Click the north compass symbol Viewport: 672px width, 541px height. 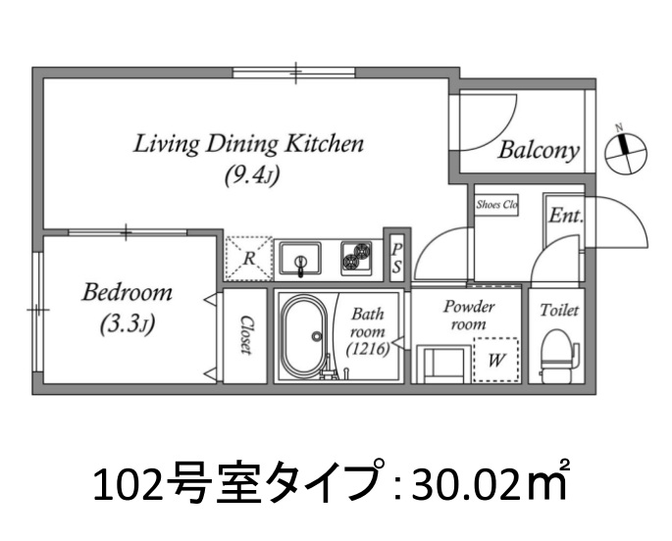click(x=626, y=152)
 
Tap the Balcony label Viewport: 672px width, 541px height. click(x=539, y=151)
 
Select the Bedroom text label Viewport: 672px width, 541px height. click(x=127, y=293)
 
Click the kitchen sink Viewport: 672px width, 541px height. click(x=300, y=258)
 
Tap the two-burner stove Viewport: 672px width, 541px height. click(x=356, y=258)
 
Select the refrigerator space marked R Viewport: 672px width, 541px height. click(x=249, y=259)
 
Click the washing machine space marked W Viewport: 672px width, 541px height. click(x=495, y=360)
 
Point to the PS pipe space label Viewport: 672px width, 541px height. click(x=397, y=258)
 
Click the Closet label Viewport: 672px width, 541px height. click(x=245, y=335)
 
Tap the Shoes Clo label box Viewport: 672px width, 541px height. click(x=496, y=205)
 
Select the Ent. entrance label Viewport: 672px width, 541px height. click(x=565, y=216)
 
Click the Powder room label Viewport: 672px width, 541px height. click(x=468, y=315)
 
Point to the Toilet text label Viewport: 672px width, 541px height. click(x=559, y=310)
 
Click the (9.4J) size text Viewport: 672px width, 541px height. click(x=252, y=174)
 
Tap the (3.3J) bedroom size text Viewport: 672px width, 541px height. click(x=128, y=324)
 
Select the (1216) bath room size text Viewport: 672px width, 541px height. click(x=368, y=349)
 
